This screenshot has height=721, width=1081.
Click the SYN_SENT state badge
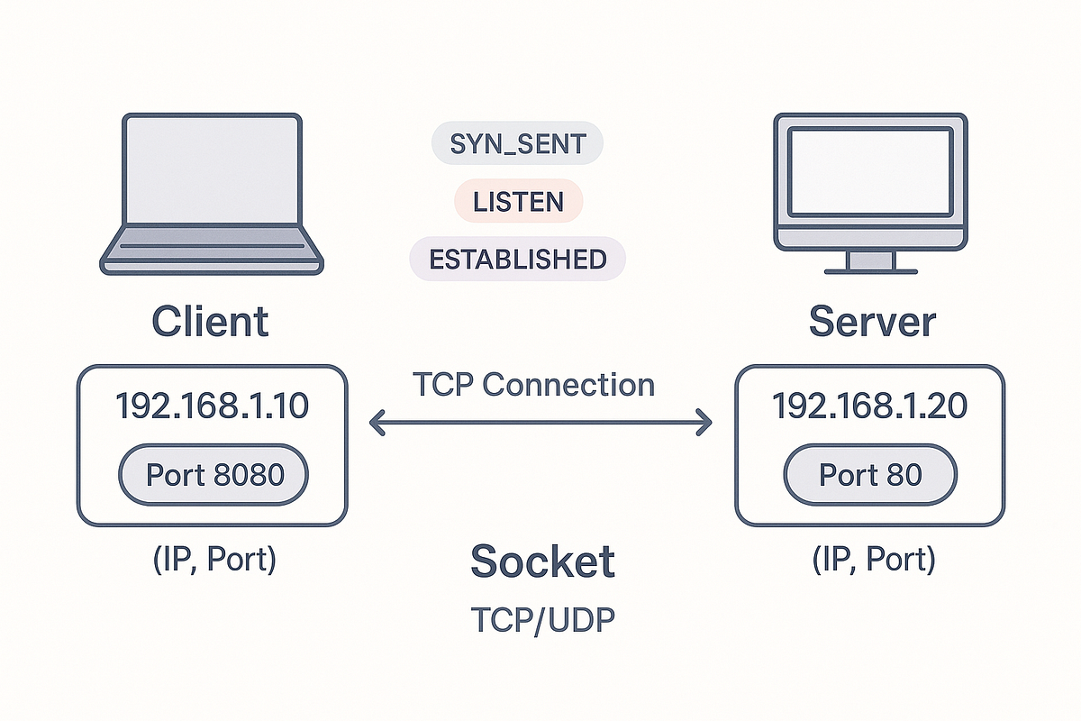[x=517, y=144]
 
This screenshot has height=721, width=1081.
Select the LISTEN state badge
[x=518, y=202]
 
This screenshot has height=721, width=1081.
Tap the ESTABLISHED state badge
[x=517, y=260]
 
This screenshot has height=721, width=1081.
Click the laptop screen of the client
[x=211, y=170]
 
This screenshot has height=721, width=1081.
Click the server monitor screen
[x=870, y=171]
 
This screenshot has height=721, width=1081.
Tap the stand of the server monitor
[x=871, y=260]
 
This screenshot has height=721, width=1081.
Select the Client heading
[x=210, y=322]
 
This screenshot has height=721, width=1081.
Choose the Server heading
[x=871, y=322]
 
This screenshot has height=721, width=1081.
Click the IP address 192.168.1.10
[x=212, y=406]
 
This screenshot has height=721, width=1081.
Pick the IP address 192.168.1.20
[x=870, y=406]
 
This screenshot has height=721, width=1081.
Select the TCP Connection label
[x=533, y=385]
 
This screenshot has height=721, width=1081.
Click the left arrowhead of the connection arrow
[x=377, y=423]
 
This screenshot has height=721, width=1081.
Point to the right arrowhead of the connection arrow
[x=704, y=423]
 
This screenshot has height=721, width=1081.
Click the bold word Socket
[x=542, y=561]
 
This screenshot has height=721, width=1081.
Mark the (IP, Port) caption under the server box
[x=872, y=560]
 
